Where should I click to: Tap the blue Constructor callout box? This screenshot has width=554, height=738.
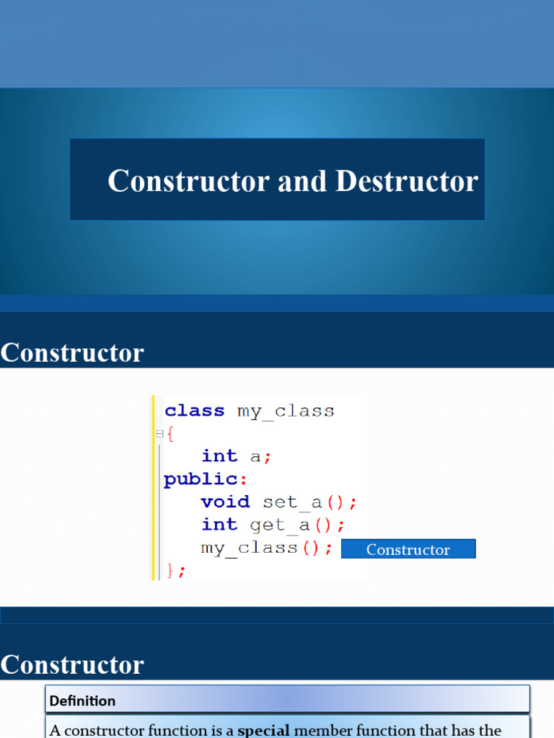408,549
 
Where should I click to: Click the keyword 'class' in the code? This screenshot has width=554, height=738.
195,411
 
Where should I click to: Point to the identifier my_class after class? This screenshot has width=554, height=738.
286,411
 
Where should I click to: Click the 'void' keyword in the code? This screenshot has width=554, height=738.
225,502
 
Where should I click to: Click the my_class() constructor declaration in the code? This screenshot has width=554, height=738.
267,548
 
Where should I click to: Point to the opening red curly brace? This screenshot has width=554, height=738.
170,434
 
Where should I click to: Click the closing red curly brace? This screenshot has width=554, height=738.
171,570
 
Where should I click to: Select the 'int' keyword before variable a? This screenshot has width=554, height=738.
219,456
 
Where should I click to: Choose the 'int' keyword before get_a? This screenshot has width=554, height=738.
219,525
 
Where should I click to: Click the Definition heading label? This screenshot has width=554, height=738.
82,701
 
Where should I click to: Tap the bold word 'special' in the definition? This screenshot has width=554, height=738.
263,730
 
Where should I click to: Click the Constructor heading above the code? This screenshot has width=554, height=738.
72,353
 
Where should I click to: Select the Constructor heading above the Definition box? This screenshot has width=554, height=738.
72,664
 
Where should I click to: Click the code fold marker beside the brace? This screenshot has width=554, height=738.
159,434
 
